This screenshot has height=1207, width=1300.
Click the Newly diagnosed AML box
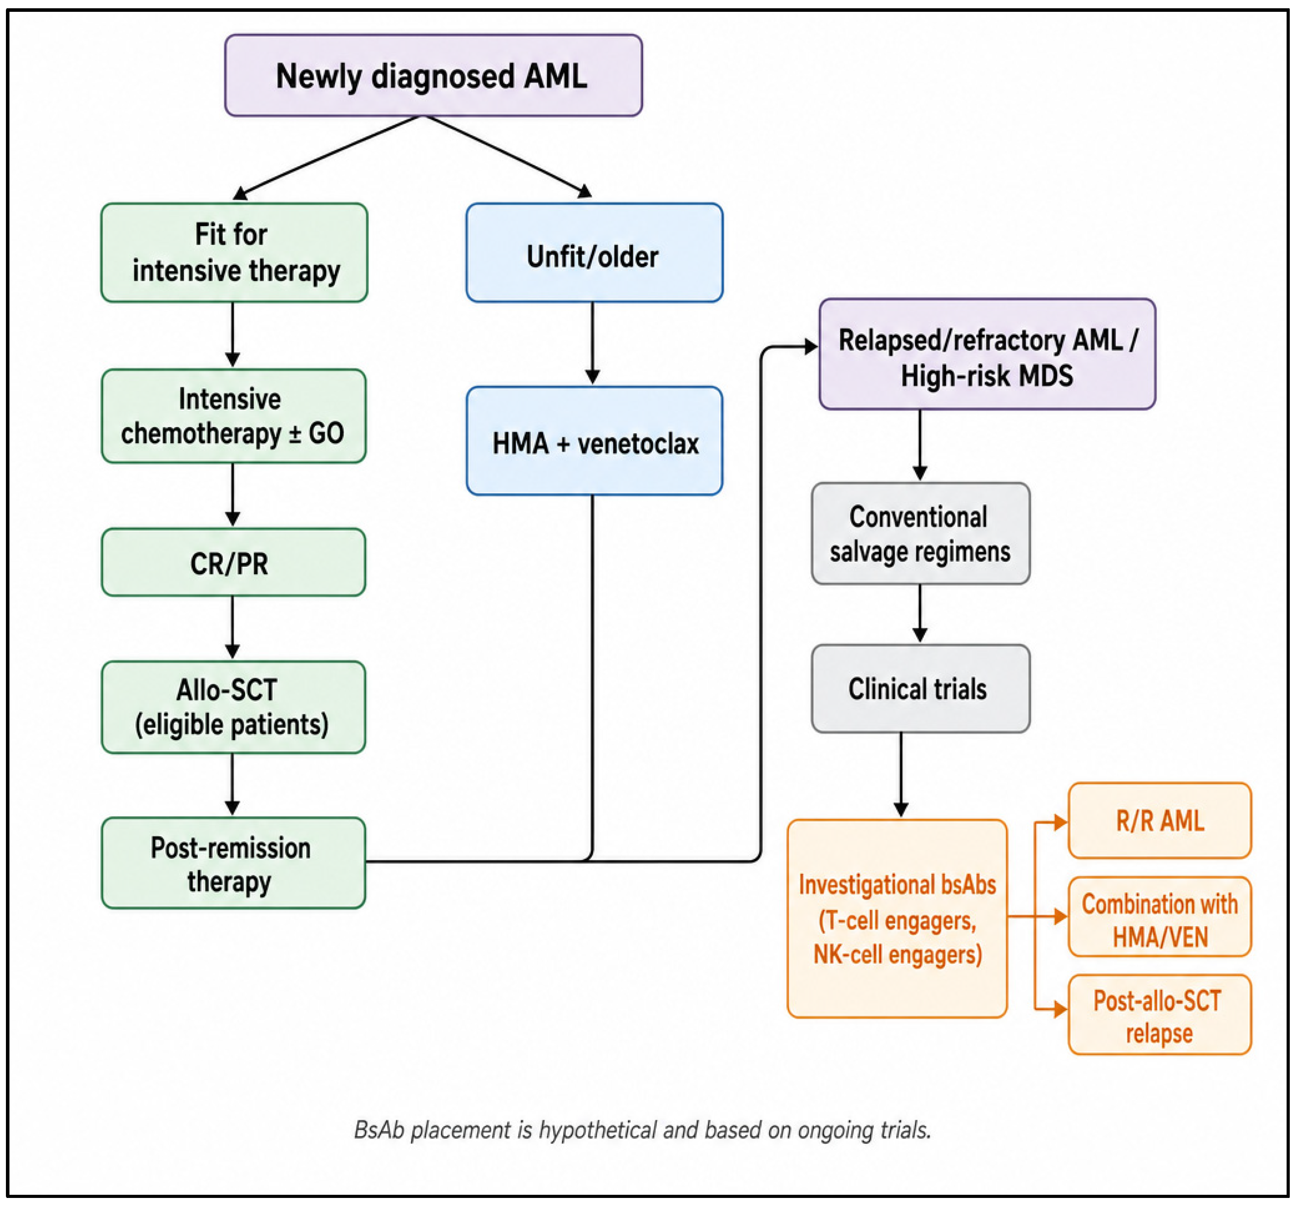pyautogui.click(x=433, y=75)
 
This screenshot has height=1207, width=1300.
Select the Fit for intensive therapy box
pyautogui.click(x=234, y=252)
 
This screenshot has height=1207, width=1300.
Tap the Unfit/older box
pyautogui.click(x=594, y=252)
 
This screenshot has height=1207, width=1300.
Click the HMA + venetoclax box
pyautogui.click(x=594, y=440)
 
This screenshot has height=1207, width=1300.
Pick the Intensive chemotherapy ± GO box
pyautogui.click(x=233, y=416)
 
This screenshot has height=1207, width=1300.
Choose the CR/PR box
pyautogui.click(x=233, y=562)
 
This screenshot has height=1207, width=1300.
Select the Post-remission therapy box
pyautogui.click(x=233, y=863)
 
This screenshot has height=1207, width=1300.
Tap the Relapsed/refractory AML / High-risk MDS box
pyautogui.click(x=987, y=354)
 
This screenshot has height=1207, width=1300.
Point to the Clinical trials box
pyautogui.click(x=921, y=689)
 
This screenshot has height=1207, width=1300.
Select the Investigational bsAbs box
pyautogui.click(x=897, y=918)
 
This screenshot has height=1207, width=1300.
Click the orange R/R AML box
pyautogui.click(x=1160, y=820)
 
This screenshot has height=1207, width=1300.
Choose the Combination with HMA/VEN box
pyautogui.click(x=1160, y=917)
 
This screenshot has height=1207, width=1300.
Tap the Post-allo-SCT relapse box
pyautogui.click(x=1160, y=1014)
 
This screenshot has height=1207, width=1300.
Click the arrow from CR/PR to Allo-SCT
pyautogui.click(x=232, y=628)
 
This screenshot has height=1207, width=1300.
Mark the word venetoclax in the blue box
pyautogui.click(x=638, y=444)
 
